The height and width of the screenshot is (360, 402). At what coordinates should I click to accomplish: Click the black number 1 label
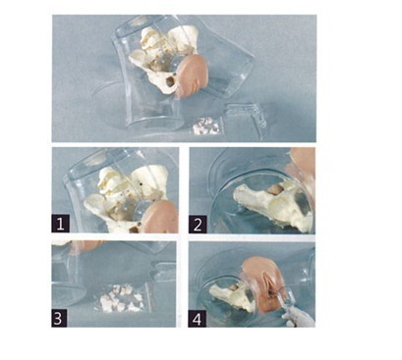(x=60, y=224)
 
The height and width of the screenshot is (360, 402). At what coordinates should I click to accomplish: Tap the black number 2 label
(x=198, y=225)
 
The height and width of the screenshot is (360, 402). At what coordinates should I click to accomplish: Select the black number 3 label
(x=59, y=318)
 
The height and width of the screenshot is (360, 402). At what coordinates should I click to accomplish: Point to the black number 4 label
(x=197, y=319)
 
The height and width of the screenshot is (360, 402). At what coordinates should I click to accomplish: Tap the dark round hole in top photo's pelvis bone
(x=170, y=81)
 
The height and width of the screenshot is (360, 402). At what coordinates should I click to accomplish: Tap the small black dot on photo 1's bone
(x=142, y=184)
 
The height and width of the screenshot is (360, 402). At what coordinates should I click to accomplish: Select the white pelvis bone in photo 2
(x=273, y=206)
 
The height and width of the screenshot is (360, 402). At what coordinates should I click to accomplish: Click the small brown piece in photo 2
(x=274, y=188)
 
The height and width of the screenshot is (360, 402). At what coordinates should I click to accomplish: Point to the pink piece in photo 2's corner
(x=302, y=164)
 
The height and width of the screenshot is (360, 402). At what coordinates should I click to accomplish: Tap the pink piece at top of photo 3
(x=86, y=245)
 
